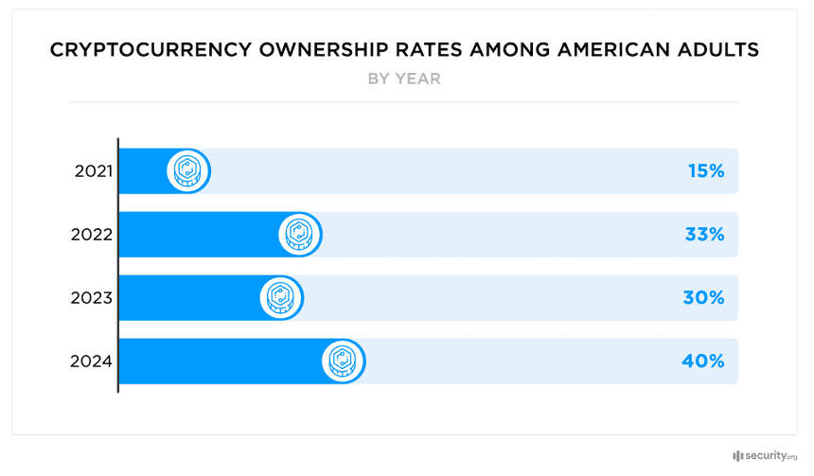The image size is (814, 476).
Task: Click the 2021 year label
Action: tap(93, 171)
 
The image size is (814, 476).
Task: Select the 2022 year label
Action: tap(92, 235)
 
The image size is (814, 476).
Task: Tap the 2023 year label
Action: tap(92, 298)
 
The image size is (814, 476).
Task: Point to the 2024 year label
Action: tap(92, 361)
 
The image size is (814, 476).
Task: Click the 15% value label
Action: tap(705, 171)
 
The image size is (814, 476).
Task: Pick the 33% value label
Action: tap(704, 235)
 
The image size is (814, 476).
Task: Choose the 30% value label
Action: tap(704, 298)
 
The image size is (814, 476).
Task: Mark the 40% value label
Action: tap(704, 361)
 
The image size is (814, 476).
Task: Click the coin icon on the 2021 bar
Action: tap(187, 171)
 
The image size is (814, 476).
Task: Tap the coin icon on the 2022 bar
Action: tap(299, 235)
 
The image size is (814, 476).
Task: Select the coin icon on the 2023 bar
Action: tap(280, 298)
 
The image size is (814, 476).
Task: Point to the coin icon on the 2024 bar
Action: tap(344, 361)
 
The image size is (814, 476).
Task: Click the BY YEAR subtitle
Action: tap(404, 79)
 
